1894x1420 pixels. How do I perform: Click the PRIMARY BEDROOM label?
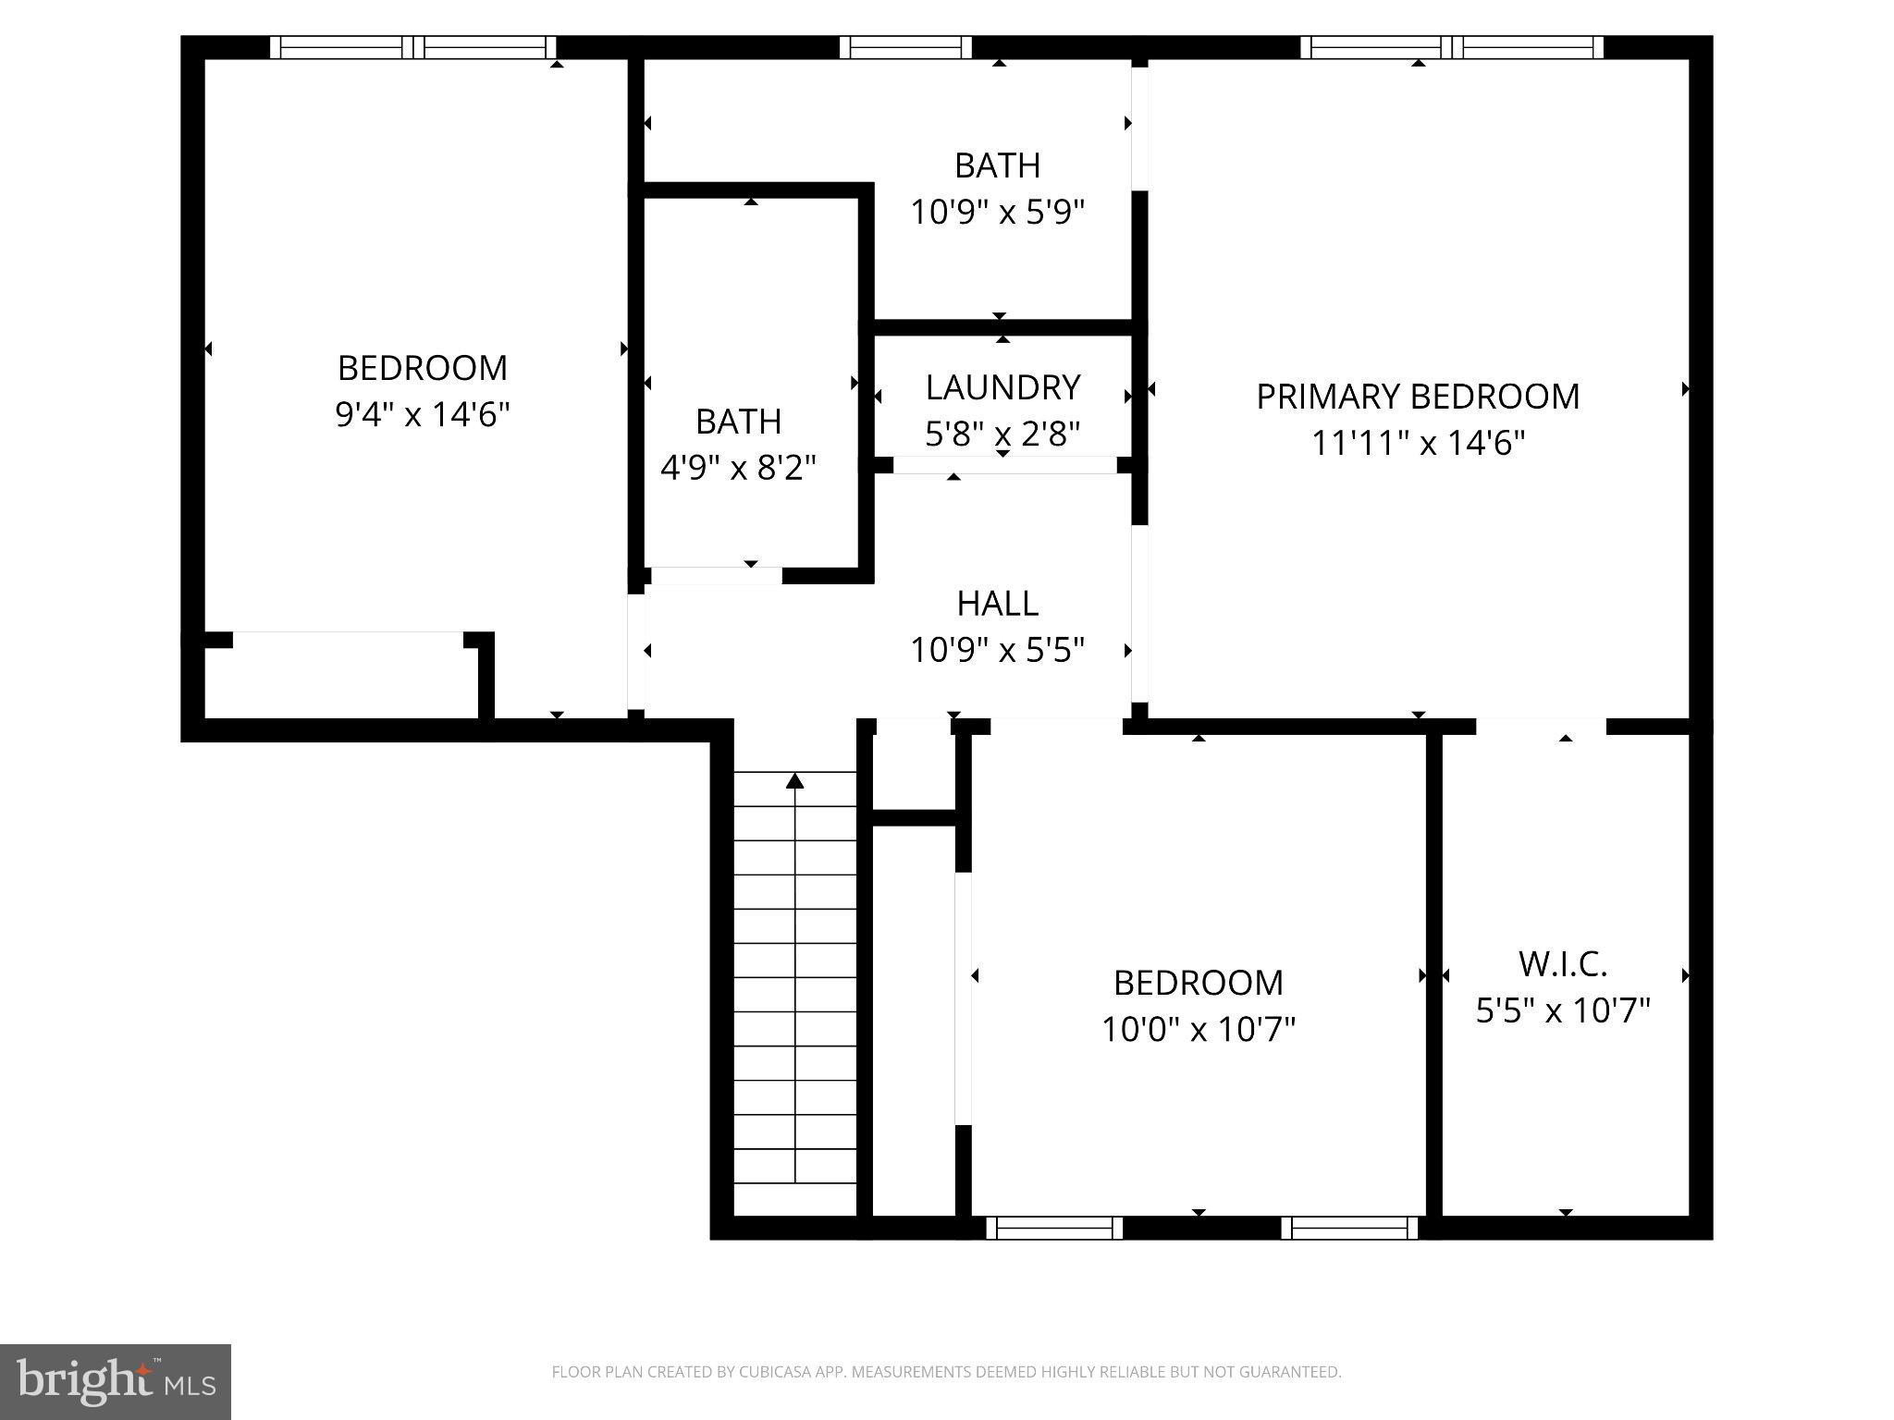click(x=1417, y=397)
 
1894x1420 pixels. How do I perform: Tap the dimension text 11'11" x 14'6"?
click(x=1417, y=444)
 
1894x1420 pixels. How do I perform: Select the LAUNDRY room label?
click(x=1002, y=387)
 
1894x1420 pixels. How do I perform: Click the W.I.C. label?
click(x=1563, y=964)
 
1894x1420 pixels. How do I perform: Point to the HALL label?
click(x=997, y=604)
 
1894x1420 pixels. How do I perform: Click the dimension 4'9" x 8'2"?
click(x=738, y=468)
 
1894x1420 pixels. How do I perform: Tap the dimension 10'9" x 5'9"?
click(x=997, y=213)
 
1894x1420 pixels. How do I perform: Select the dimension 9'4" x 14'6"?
click(x=423, y=414)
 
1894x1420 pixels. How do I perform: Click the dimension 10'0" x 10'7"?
click(x=1198, y=1029)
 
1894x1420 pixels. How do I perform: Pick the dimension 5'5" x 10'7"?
click(x=1563, y=1010)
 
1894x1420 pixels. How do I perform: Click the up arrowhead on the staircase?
click(x=794, y=781)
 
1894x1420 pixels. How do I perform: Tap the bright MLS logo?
click(x=115, y=1381)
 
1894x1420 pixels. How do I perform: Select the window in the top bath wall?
click(x=905, y=47)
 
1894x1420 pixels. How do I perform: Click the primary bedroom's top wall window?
click(x=1452, y=47)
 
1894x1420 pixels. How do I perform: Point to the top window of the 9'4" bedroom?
click(x=412, y=47)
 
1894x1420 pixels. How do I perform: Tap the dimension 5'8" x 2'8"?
click(x=1002, y=434)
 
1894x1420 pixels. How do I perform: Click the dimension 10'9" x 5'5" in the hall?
click(x=997, y=650)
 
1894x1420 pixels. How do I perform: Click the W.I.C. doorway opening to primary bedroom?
click(x=1541, y=727)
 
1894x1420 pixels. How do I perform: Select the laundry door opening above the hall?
click(x=1005, y=465)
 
